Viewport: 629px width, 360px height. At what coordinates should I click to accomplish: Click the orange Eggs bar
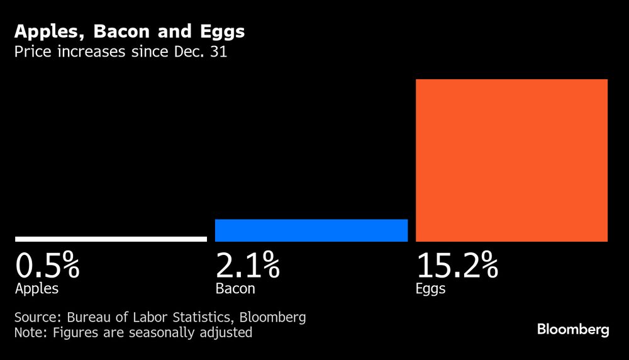[x=511, y=160]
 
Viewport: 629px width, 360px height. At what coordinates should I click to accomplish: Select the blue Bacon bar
[x=311, y=230]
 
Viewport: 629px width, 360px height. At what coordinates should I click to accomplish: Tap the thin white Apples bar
[x=111, y=239]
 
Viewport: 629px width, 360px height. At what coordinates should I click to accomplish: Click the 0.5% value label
[x=47, y=266]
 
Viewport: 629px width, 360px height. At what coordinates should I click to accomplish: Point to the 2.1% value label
[x=247, y=266]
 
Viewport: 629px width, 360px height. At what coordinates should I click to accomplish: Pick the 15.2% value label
[x=457, y=266]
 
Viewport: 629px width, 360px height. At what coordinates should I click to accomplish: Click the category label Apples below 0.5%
[x=36, y=290]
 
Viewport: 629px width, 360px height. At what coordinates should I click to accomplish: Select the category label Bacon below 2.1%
[x=235, y=290]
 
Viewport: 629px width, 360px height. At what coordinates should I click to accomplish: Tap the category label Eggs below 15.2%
[x=430, y=290]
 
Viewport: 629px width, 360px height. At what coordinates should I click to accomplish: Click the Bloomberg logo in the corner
[x=572, y=330]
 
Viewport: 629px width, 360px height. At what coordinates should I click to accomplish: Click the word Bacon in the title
[x=120, y=31]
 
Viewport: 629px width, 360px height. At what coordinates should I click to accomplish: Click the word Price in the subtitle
[x=31, y=52]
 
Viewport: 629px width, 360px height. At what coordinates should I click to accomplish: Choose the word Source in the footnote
[x=34, y=317]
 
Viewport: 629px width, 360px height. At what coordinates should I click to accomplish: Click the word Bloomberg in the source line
[x=274, y=317]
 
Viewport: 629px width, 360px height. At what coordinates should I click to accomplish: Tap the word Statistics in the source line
[x=202, y=317]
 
